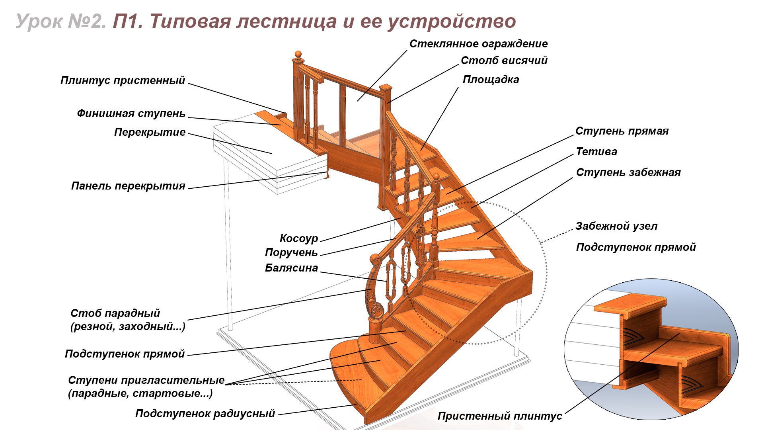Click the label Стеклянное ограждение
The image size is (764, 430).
pyautogui.click(x=479, y=44)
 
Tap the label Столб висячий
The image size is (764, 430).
pyautogui.click(x=504, y=61)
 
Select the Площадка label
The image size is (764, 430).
pyautogui.click(x=491, y=80)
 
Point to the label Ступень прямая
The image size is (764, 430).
pyautogui.click(x=622, y=131)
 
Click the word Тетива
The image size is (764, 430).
pyautogui.click(x=596, y=152)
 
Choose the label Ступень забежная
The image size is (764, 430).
pyautogui.click(x=628, y=172)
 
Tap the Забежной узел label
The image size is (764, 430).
pyautogui.click(x=616, y=226)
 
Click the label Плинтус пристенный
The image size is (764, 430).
pyautogui.click(x=123, y=80)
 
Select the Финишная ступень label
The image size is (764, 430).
pyautogui.click(x=131, y=113)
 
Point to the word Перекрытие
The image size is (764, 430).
pyautogui.click(x=150, y=132)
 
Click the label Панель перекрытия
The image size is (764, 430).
pyautogui.click(x=128, y=186)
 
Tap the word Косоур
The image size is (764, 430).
pyautogui.click(x=299, y=238)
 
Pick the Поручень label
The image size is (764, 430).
pyautogui.click(x=291, y=252)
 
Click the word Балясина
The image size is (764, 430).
pyautogui.click(x=292, y=268)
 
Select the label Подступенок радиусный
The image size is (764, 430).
pyautogui.click(x=205, y=414)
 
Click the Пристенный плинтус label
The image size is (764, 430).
pyautogui.click(x=500, y=416)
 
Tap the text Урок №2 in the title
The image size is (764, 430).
pyautogui.click(x=61, y=21)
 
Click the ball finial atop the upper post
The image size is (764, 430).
pyautogui.click(x=298, y=54)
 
